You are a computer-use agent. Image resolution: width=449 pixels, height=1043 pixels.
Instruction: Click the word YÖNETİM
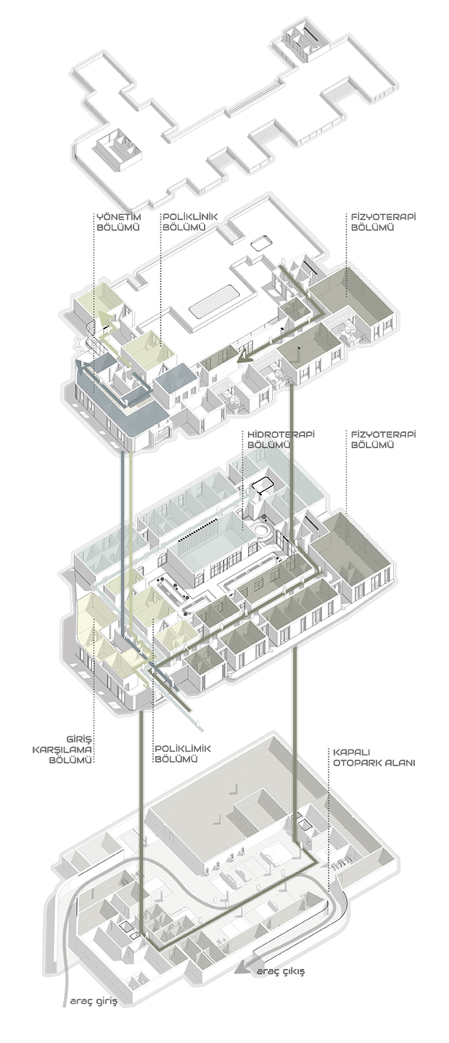[118, 216]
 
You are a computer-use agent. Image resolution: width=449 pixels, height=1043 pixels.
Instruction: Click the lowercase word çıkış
[291, 971]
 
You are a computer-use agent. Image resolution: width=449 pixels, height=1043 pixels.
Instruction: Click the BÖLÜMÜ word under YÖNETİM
[118, 227]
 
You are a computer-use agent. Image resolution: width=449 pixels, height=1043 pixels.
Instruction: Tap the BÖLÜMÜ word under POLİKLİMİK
[176, 759]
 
